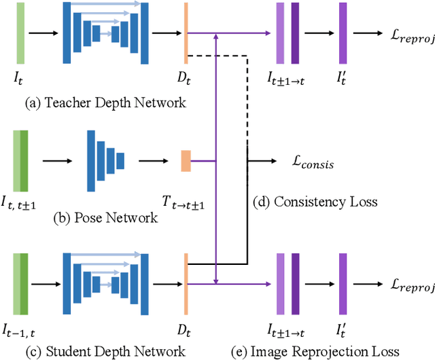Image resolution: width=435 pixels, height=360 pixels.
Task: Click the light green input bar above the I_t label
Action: pos(20,33)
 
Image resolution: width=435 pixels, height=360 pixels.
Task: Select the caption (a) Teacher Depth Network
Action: pos(105,103)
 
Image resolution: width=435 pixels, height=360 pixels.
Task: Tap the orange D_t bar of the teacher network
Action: pos(186,33)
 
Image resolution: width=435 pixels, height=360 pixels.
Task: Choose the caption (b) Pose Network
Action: pos(105,218)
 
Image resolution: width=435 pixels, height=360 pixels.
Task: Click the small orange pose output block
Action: pos(186,161)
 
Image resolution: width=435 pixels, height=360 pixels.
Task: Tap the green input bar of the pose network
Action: pos(20,161)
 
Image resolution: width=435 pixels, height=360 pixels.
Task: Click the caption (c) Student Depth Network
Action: pos(105,350)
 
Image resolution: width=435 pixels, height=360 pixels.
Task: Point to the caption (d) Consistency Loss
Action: pos(324,202)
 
